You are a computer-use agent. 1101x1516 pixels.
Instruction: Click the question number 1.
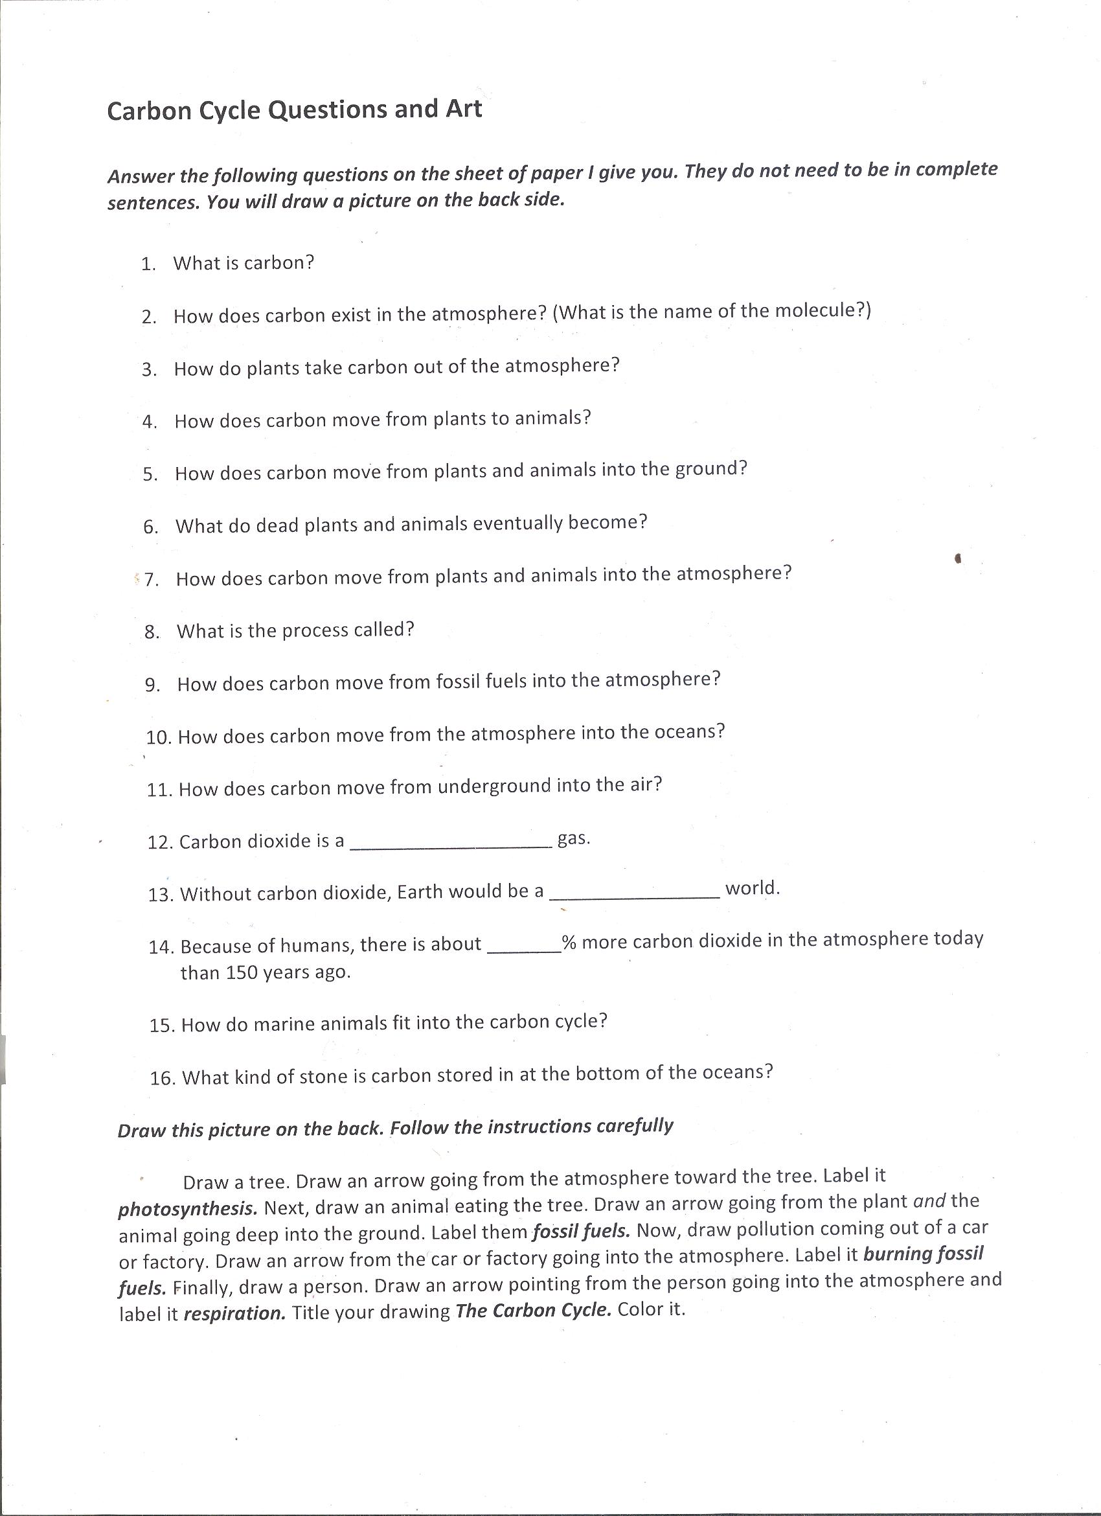click(x=148, y=265)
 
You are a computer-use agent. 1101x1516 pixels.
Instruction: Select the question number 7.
click(x=151, y=580)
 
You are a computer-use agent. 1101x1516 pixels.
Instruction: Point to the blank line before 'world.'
click(x=634, y=897)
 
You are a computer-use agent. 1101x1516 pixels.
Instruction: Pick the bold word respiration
click(x=234, y=1313)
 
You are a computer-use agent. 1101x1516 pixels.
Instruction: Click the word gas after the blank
click(x=573, y=839)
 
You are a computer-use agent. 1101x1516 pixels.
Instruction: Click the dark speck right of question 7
click(x=957, y=559)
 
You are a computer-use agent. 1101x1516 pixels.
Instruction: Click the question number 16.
click(x=163, y=1078)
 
